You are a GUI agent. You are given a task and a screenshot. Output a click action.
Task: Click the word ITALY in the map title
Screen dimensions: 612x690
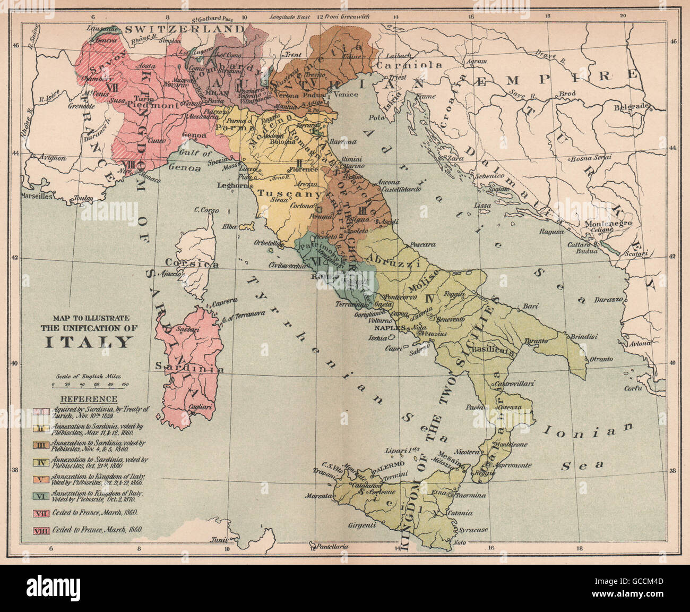click(x=88, y=341)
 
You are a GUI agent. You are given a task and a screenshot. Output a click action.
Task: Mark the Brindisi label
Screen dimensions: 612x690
click(x=584, y=336)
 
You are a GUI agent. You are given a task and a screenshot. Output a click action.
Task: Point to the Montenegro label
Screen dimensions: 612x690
click(x=609, y=223)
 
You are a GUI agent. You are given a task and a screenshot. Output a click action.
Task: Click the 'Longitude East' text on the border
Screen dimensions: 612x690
click(x=289, y=16)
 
